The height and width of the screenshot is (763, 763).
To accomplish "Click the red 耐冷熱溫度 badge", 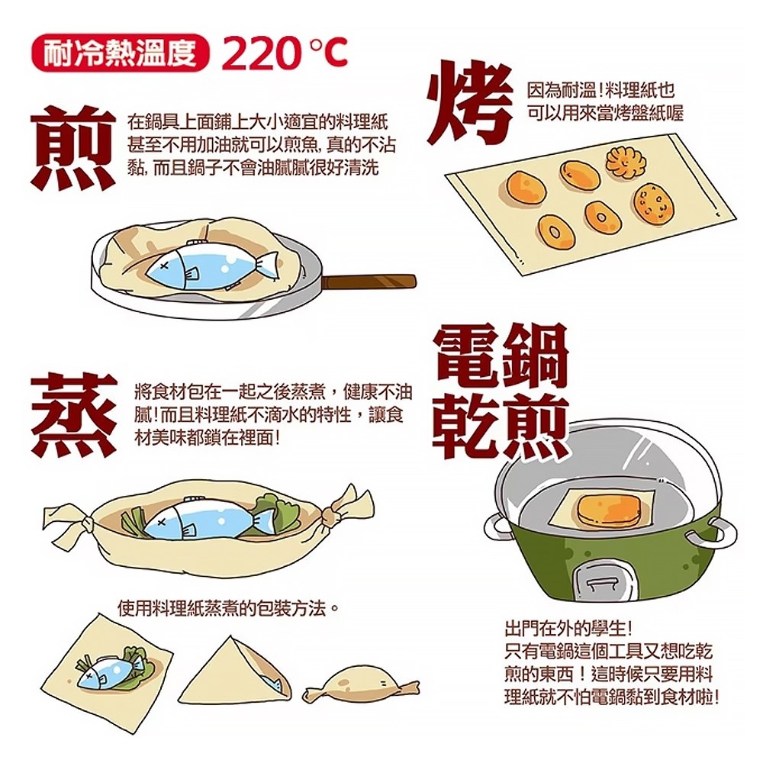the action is (121, 53).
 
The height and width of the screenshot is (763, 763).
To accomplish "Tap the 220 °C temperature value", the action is (284, 53).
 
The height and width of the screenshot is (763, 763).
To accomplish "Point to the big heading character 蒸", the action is (74, 414).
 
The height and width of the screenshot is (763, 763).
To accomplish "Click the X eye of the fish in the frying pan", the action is (164, 266).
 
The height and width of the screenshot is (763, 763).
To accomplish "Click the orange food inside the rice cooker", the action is (610, 510).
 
